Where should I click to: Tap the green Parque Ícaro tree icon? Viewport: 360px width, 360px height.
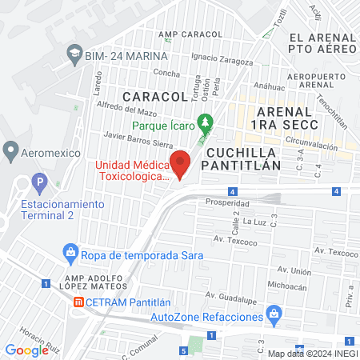click(x=206, y=123)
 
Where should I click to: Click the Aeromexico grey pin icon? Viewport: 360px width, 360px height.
click(x=10, y=150)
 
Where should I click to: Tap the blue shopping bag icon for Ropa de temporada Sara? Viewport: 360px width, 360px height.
click(x=70, y=254)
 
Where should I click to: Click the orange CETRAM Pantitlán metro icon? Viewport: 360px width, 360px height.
click(x=78, y=302)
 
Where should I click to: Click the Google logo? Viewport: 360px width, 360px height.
click(x=26, y=350)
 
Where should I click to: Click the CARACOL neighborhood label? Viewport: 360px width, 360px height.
click(x=149, y=96)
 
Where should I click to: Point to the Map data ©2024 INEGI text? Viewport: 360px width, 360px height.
click(x=310, y=353)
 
